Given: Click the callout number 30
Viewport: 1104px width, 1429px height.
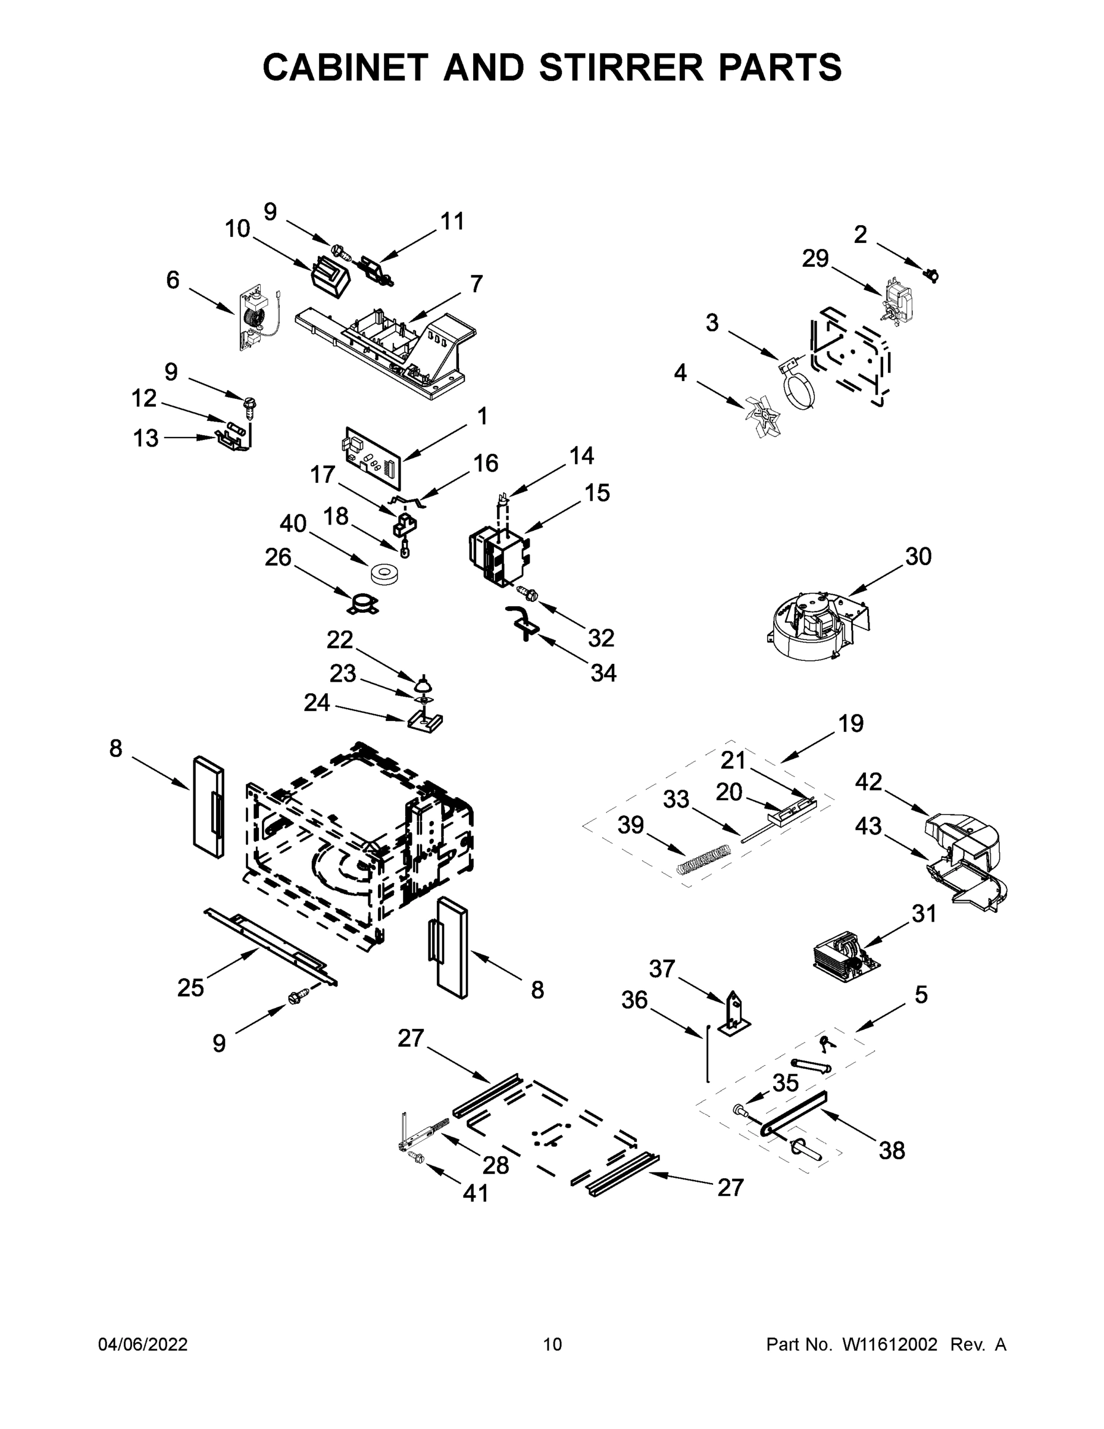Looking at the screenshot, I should pos(918,557).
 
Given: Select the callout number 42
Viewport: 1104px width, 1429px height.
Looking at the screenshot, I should pos(868,781).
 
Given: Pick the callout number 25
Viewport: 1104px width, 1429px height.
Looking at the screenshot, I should pos(190,988).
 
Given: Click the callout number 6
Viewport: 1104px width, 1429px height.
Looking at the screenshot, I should pos(173,280).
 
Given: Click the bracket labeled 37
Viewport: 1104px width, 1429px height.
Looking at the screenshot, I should pos(734,1017).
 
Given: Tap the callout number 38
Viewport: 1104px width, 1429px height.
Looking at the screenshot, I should pos(892,1150).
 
